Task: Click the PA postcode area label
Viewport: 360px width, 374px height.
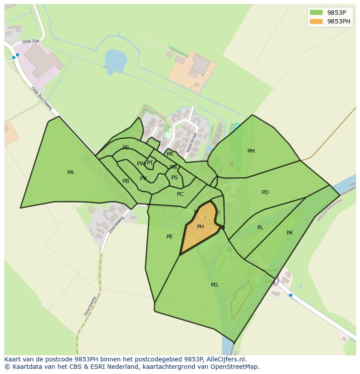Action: pyautogui.click(x=70, y=172)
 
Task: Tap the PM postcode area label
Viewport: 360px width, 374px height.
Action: pyautogui.click(x=251, y=151)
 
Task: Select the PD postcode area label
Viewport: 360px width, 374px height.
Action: pyautogui.click(x=265, y=192)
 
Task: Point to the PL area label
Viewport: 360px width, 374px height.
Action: pyautogui.click(x=260, y=228)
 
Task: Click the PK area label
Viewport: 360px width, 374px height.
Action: pyautogui.click(x=290, y=233)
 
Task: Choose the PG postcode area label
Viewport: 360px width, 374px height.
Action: pyautogui.click(x=214, y=285)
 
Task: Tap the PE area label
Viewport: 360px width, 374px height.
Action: pyautogui.click(x=170, y=237)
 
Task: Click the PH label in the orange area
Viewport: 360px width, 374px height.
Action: pyautogui.click(x=200, y=227)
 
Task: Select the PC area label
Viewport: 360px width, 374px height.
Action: pyautogui.click(x=180, y=194)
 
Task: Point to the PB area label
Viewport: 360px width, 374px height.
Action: pyautogui.click(x=126, y=181)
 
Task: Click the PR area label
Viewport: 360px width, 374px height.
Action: pyautogui.click(x=170, y=154)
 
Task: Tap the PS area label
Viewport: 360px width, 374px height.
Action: pyautogui.click(x=174, y=178)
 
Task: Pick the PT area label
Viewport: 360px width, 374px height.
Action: pyautogui.click(x=150, y=163)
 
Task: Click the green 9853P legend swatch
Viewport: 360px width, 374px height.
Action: pyautogui.click(x=316, y=13)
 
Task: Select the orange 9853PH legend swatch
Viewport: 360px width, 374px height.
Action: pyautogui.click(x=316, y=21)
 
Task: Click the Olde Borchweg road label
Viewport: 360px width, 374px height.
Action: pyautogui.click(x=41, y=98)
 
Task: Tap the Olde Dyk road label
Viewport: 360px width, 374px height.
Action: pyautogui.click(x=30, y=41)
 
